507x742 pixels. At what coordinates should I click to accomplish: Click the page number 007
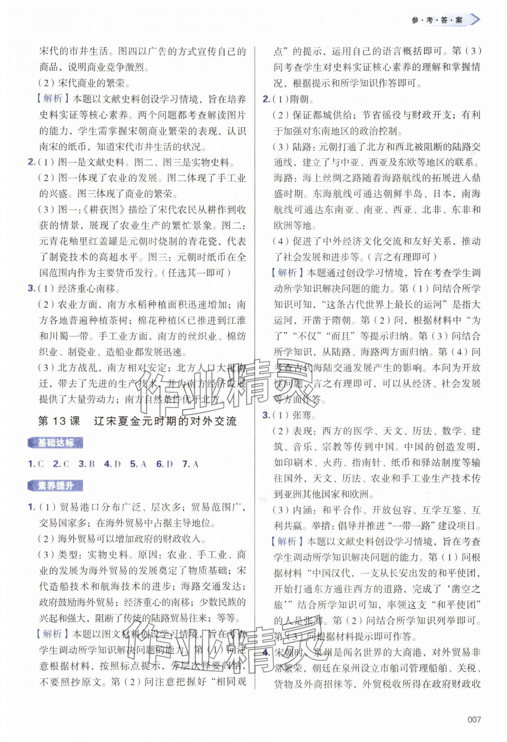[x=474, y=719]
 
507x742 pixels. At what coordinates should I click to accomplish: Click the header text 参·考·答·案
[x=436, y=20]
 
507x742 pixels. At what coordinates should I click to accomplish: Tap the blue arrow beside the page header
[x=474, y=19]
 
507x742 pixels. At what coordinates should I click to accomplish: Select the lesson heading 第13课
[x=59, y=421]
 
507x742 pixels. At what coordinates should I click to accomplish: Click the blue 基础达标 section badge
[x=56, y=443]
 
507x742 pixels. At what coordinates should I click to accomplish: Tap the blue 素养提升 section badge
[x=56, y=485]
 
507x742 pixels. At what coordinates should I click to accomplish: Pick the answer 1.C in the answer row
[x=36, y=464]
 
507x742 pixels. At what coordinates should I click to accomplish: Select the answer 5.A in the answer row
[x=138, y=464]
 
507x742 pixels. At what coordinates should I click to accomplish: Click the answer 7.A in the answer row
[x=190, y=464]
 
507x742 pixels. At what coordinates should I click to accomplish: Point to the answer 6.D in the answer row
[x=164, y=464]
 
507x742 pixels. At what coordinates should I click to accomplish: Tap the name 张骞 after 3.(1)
[x=302, y=415]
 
